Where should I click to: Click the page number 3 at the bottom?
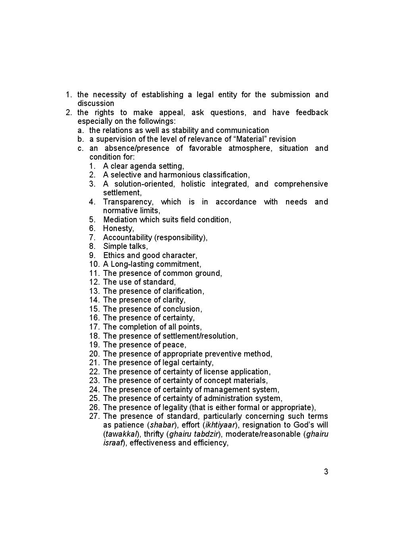coord(326,472)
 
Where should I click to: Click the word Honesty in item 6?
coord(118,228)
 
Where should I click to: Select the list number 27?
coord(94,416)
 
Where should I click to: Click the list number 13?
coord(94,291)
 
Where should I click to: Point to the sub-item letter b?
coord(81,139)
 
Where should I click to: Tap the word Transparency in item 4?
coord(128,202)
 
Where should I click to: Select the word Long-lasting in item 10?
coord(133,264)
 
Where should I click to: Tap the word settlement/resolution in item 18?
coord(200,336)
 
